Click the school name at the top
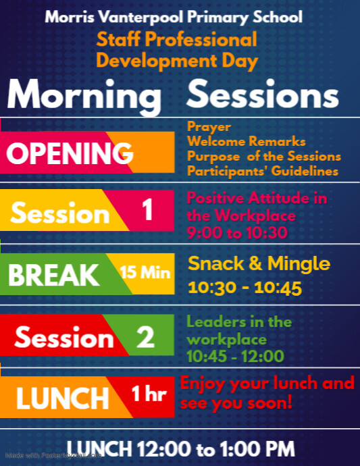pos(179,16)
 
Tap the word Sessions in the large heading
pos(263,95)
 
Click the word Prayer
pos(209,126)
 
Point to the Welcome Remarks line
pos(246,141)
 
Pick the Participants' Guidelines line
pos(262,172)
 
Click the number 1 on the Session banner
pos(148,211)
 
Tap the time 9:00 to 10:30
pos(236,234)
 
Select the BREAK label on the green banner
pos(53,275)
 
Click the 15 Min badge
pos(145,273)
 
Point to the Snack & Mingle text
pos(259,263)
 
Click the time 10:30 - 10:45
pos(245,288)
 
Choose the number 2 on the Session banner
pos(145,337)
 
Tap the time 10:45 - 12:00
pos(235,356)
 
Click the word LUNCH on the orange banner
pos(62,398)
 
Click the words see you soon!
pos(236,403)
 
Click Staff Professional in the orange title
pos(176,39)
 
